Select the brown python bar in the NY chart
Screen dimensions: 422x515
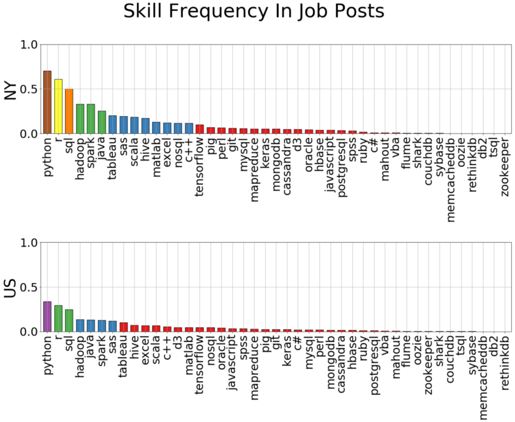[47, 102]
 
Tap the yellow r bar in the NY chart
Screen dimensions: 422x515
[58, 106]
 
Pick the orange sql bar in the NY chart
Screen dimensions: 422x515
[69, 111]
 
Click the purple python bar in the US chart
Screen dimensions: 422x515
[47, 316]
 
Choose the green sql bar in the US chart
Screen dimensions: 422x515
[69, 320]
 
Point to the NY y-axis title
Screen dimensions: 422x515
[11, 89]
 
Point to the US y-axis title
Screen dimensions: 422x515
[11, 287]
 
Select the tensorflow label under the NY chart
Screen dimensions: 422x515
[200, 166]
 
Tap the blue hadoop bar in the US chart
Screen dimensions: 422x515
[80, 325]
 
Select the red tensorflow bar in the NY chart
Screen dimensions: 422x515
[200, 129]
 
